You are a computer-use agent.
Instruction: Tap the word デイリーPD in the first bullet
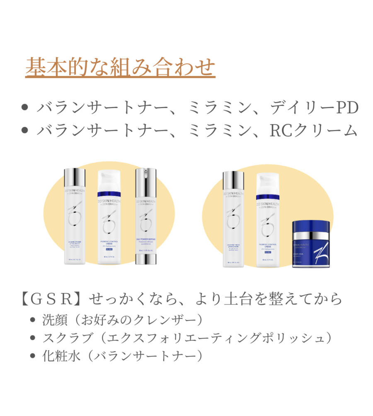[314, 108]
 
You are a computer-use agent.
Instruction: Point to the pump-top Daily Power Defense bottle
[147, 215]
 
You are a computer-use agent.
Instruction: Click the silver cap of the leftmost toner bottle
[75, 178]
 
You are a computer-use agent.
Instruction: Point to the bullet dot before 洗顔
[34, 320]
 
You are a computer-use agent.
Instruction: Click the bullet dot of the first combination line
[24, 108]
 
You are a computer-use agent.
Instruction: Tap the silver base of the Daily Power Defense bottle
[147, 259]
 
